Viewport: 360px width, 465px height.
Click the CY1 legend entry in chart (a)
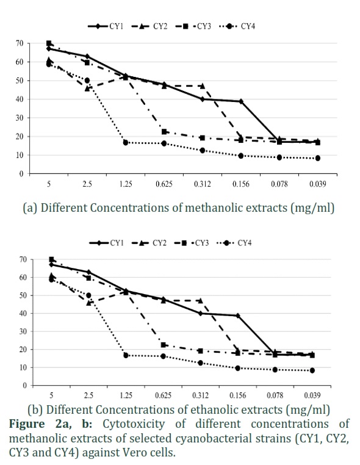[x=106, y=26]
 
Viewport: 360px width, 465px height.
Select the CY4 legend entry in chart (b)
[x=234, y=243]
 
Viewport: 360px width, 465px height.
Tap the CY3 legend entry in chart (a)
[x=193, y=26]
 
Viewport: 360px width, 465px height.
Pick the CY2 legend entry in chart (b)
[x=149, y=243]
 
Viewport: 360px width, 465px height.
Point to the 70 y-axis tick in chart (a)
[x=20, y=43]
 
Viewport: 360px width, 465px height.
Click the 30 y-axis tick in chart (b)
[x=23, y=331]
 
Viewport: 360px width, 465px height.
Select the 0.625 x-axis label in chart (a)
[x=164, y=184]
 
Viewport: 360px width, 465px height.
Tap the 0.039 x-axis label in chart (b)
[x=312, y=395]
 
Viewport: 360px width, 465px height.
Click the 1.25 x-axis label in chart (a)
[x=126, y=184]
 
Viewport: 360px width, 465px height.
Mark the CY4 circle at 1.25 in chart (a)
[x=126, y=143]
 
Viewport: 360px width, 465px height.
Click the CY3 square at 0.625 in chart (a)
[x=164, y=132]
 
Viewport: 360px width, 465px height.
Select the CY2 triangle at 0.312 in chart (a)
[x=203, y=85]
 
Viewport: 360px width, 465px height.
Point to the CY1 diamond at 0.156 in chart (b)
[x=238, y=315]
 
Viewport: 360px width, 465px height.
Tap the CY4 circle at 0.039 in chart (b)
[x=312, y=370]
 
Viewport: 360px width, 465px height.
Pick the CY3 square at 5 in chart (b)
[x=51, y=259]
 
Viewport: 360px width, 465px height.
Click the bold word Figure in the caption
[x=27, y=424]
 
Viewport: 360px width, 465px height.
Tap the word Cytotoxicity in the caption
[x=134, y=424]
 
